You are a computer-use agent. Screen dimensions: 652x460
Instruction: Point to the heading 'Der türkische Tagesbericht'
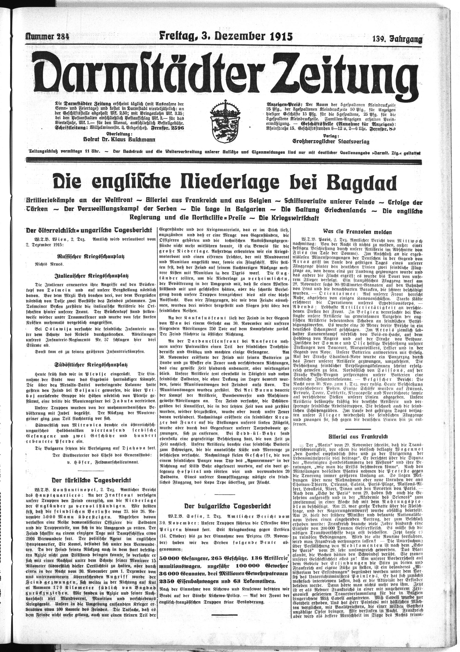tap(91, 480)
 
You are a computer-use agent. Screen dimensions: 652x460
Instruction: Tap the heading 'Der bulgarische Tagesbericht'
tap(227, 506)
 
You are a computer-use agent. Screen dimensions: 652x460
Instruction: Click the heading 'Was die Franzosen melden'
tap(356, 231)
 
